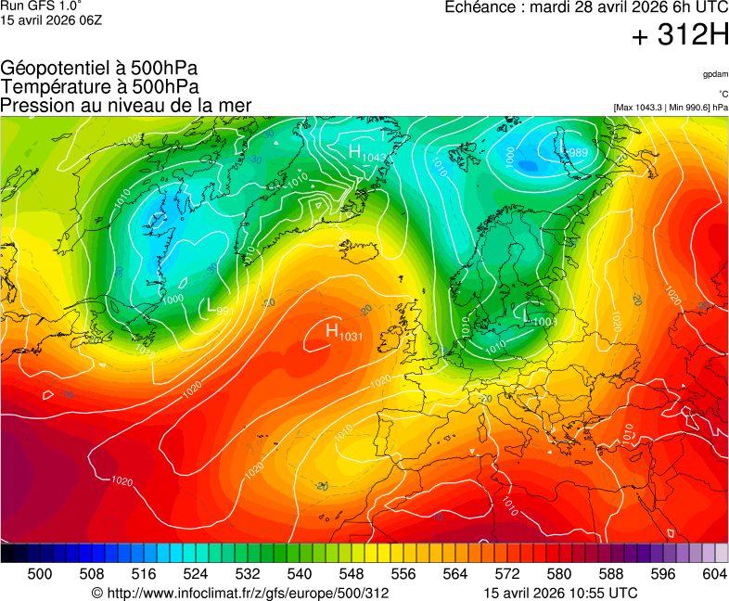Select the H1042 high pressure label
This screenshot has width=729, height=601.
pos(366,154)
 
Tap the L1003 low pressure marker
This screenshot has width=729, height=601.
pos(539,318)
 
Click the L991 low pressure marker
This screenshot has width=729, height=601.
pos(219,307)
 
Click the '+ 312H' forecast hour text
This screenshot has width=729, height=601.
pos(680,37)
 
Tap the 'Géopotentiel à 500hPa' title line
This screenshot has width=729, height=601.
pos(98,69)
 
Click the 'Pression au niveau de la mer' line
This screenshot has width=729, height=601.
pos(126,105)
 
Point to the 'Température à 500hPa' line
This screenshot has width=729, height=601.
pos(99,86)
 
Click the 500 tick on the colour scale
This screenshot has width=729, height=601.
pos(40,574)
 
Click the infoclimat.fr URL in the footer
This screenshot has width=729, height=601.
pos(240,593)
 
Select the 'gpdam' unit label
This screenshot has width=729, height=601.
pos(715,74)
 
